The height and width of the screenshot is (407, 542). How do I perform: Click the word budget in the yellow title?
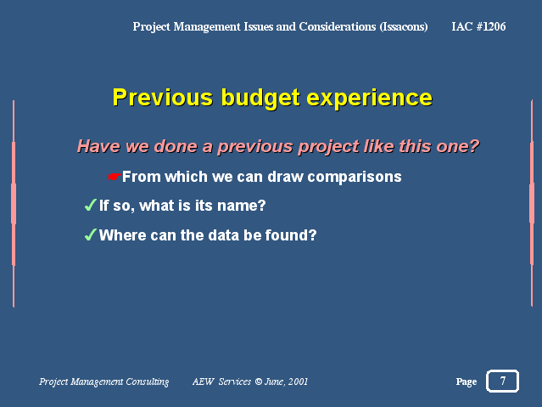point(260,99)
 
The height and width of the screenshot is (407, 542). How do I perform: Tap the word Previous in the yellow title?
point(163,98)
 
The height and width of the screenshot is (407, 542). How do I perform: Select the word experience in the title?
point(370,99)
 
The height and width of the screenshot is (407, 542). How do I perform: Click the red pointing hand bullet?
point(114,177)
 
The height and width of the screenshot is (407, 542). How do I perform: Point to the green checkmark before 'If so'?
point(90,205)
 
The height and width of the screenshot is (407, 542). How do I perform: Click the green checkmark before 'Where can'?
point(90,235)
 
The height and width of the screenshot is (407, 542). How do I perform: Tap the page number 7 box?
point(502,381)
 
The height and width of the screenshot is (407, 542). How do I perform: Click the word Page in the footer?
point(467,382)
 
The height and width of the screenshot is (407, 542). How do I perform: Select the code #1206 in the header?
point(491,26)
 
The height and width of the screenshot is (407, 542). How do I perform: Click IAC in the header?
point(461,26)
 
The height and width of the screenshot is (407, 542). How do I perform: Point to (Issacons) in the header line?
point(404,26)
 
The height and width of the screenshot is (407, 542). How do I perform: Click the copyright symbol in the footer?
point(258,382)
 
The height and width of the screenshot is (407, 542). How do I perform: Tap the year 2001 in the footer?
point(298,382)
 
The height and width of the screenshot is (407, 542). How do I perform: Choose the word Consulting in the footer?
point(148,382)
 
